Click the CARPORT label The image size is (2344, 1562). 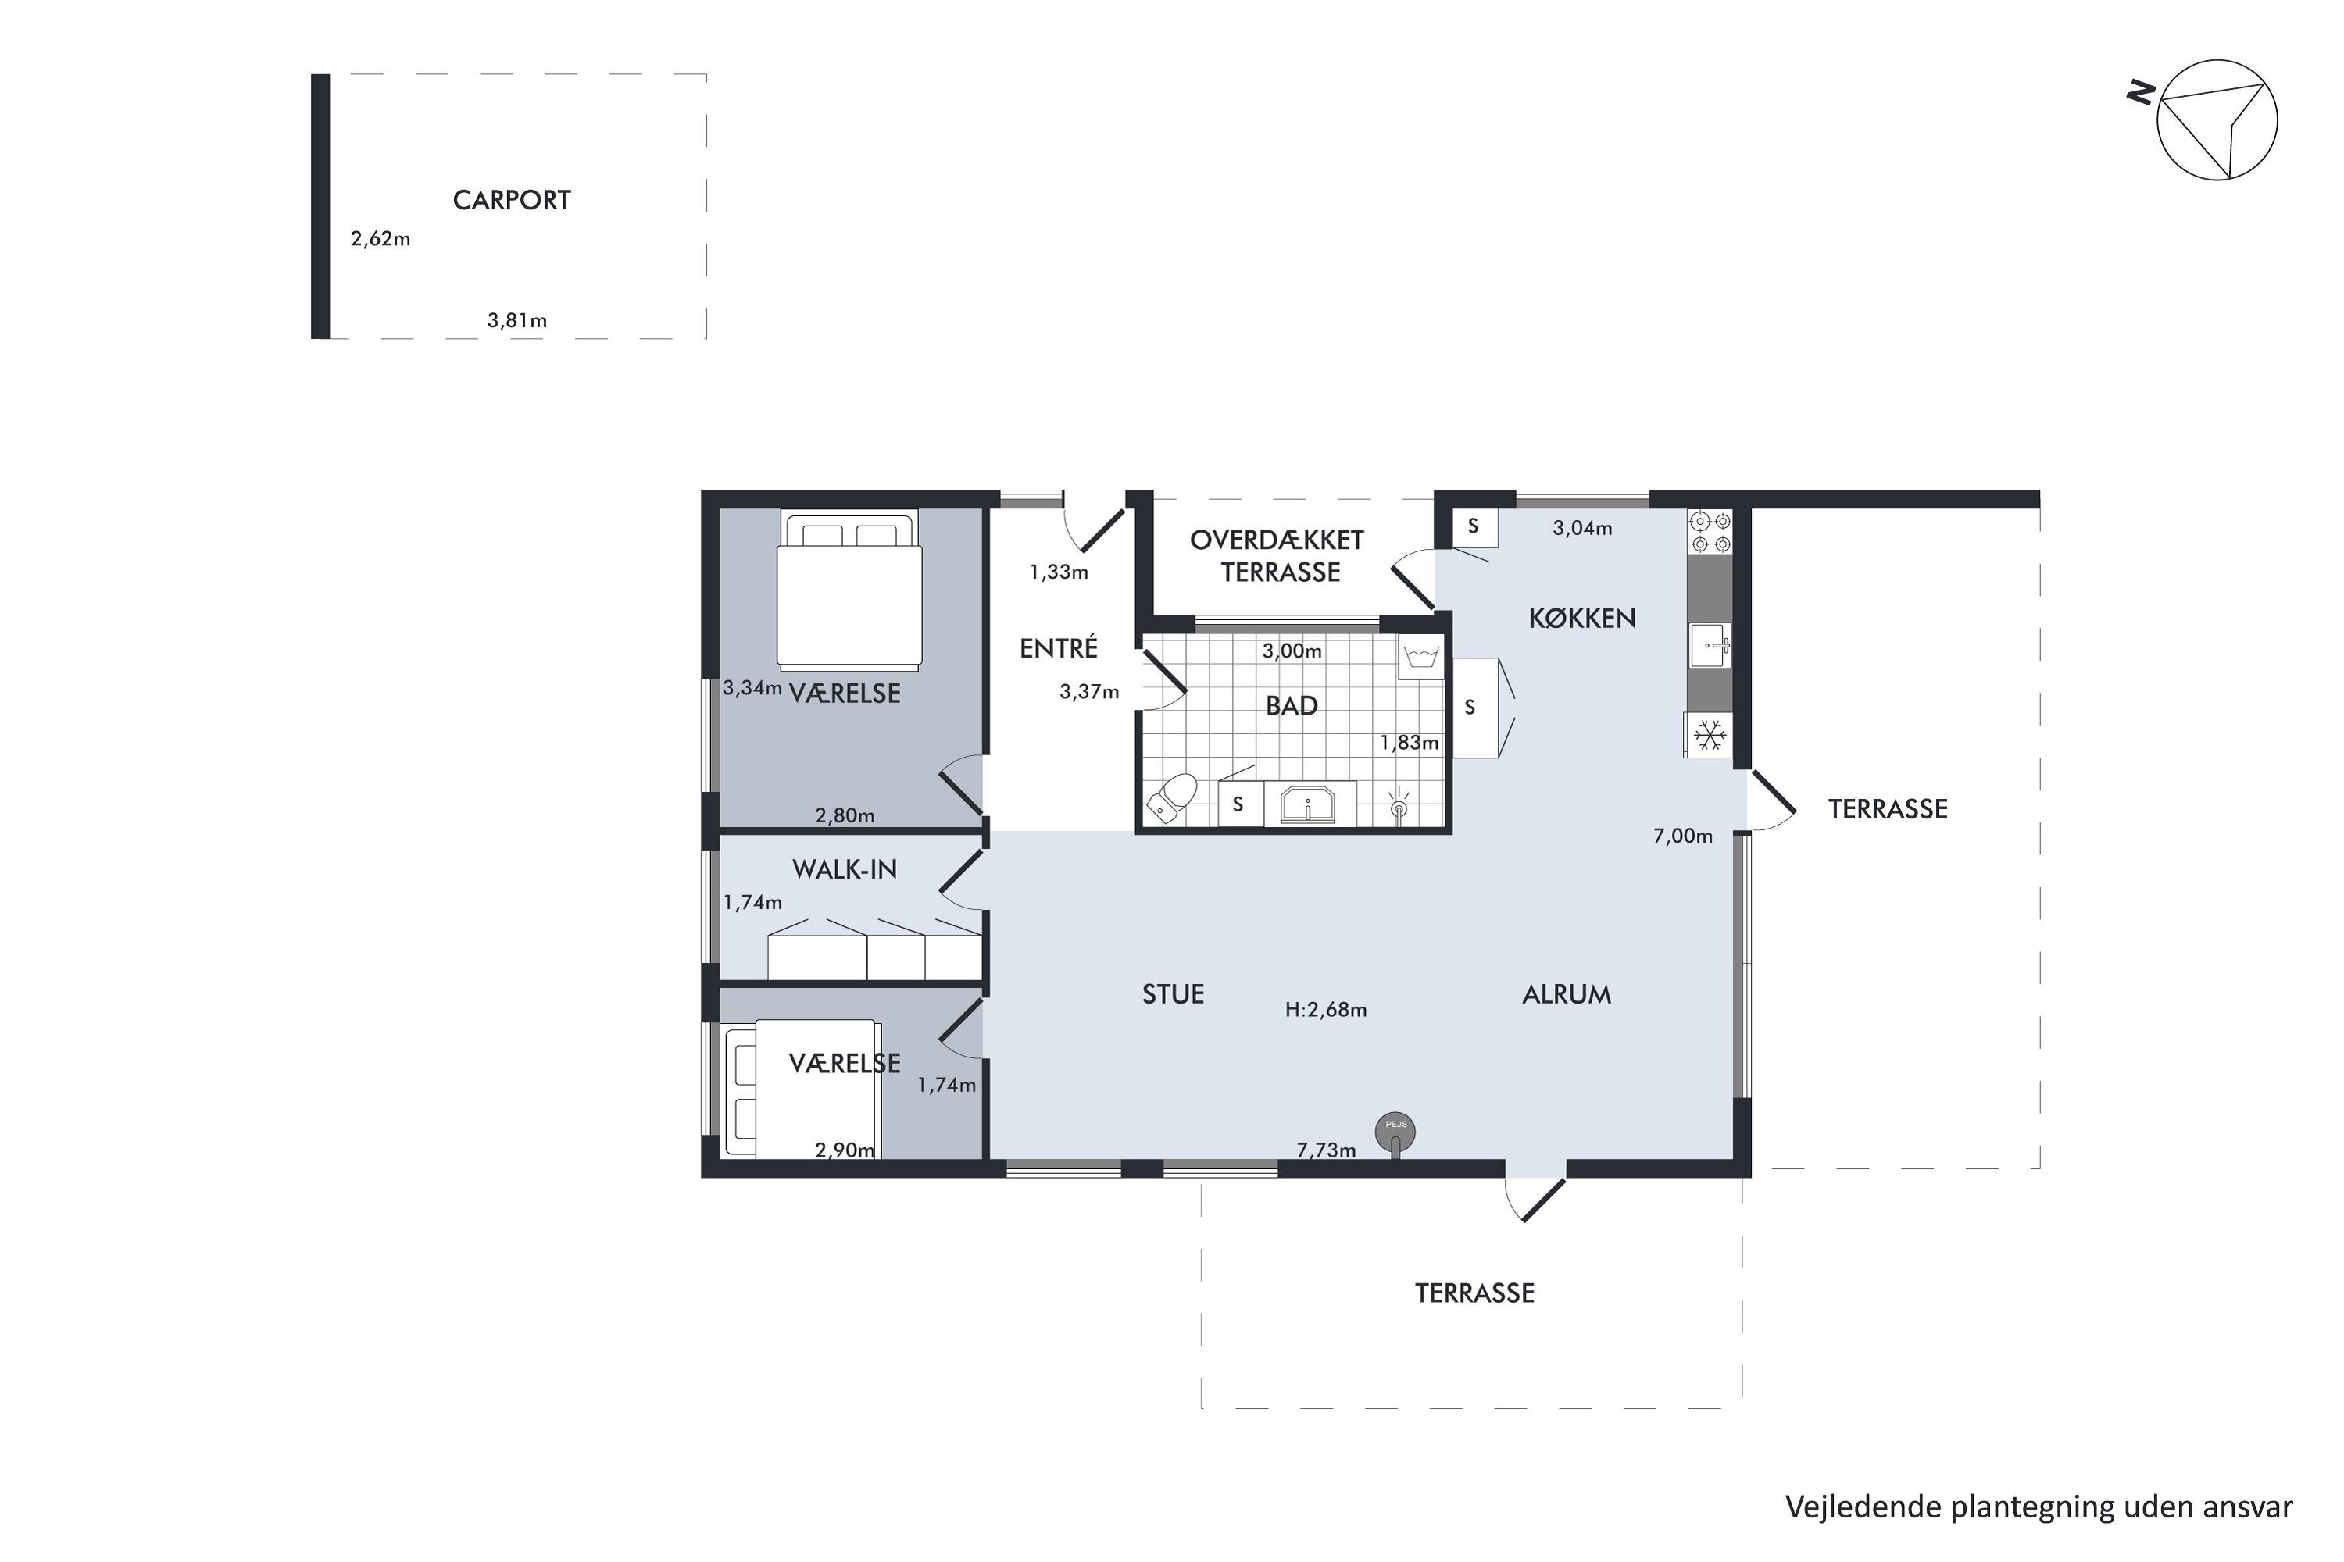coord(511,200)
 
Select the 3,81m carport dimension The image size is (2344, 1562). coord(516,321)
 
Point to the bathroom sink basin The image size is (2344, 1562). coord(1307,804)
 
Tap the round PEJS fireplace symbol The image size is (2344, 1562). coord(1395,1132)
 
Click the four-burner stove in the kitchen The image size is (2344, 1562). coord(1711,532)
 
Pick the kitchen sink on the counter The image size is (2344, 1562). coord(1710,646)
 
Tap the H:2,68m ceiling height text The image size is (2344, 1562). coord(1325,1010)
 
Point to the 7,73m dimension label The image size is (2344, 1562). coord(1325,1150)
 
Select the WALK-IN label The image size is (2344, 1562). coord(844,870)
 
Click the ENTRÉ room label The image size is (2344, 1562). coord(1059,647)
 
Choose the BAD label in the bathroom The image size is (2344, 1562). coord(1292,706)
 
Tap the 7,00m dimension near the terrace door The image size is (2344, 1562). coord(1682,836)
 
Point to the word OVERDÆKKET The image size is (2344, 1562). coord(1277,540)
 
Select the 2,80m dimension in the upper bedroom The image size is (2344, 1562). coord(844,816)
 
